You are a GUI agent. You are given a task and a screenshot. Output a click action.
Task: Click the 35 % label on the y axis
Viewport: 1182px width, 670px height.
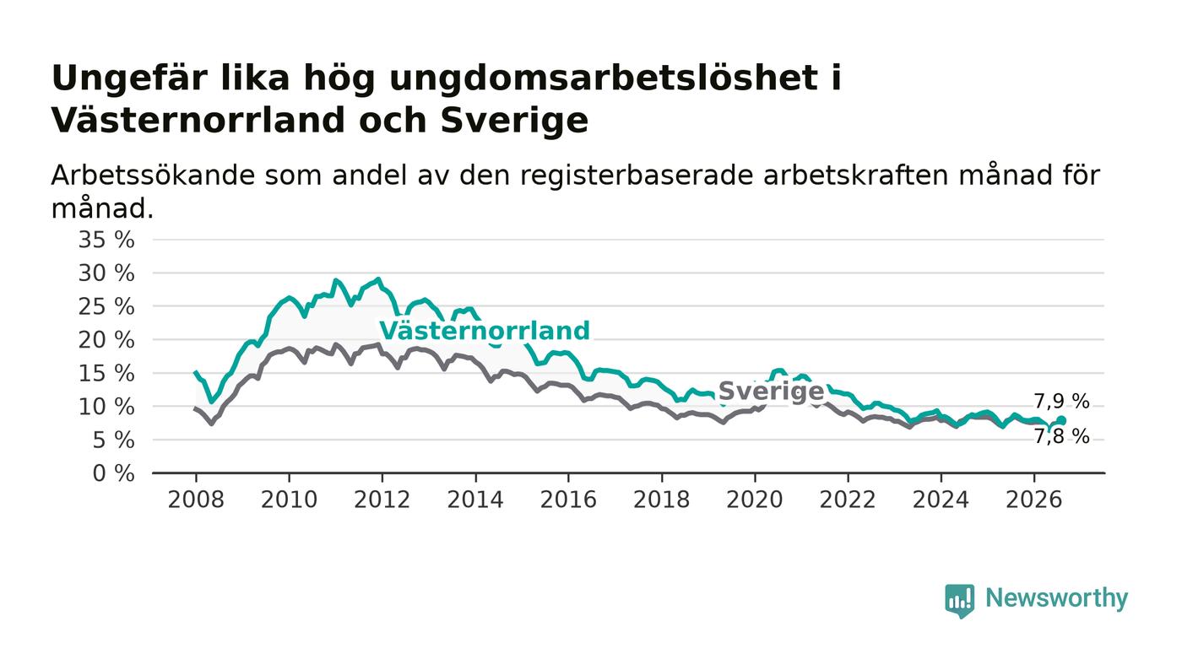tap(106, 240)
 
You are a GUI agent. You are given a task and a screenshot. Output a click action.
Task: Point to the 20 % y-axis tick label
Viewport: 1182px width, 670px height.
tap(106, 340)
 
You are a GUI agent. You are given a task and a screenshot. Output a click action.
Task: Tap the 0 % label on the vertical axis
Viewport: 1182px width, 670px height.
tap(113, 473)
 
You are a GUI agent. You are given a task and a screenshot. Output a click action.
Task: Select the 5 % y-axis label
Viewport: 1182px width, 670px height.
tap(113, 440)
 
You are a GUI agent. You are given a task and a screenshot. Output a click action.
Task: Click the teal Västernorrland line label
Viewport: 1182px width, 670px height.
tap(485, 331)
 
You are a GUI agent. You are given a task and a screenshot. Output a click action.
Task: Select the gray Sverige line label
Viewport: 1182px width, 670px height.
tap(771, 392)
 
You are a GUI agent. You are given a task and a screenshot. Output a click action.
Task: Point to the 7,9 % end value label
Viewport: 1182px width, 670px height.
tap(1061, 402)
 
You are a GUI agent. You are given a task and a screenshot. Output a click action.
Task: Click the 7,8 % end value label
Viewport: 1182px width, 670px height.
tap(1061, 437)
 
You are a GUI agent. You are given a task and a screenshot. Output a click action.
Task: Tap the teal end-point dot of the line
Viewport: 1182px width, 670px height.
tap(1061, 420)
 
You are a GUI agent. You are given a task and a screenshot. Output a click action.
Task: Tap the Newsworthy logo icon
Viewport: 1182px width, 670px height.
tap(959, 600)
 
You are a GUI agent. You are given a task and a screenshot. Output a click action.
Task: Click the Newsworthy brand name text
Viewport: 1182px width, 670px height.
tap(1056, 598)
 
